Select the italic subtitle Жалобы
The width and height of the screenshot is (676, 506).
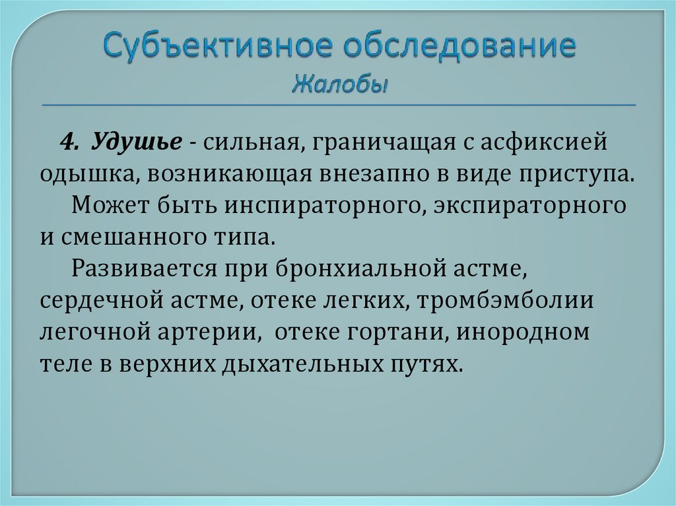point(339,84)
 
